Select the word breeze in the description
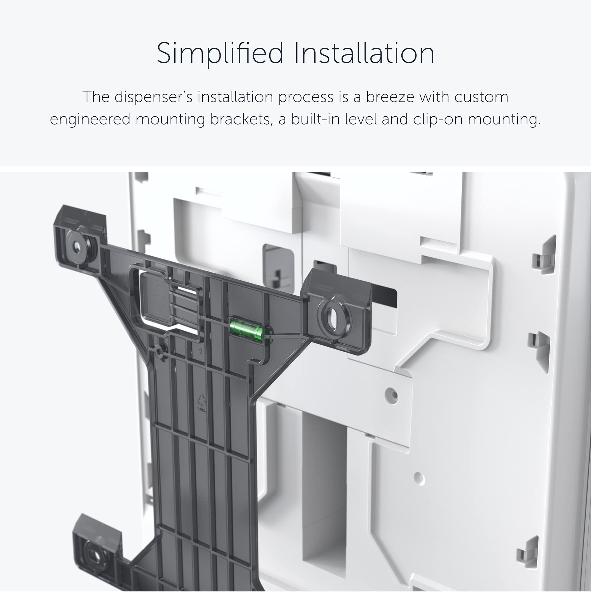pos(390,97)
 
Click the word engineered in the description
pos(90,119)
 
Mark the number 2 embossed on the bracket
pos(200,351)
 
